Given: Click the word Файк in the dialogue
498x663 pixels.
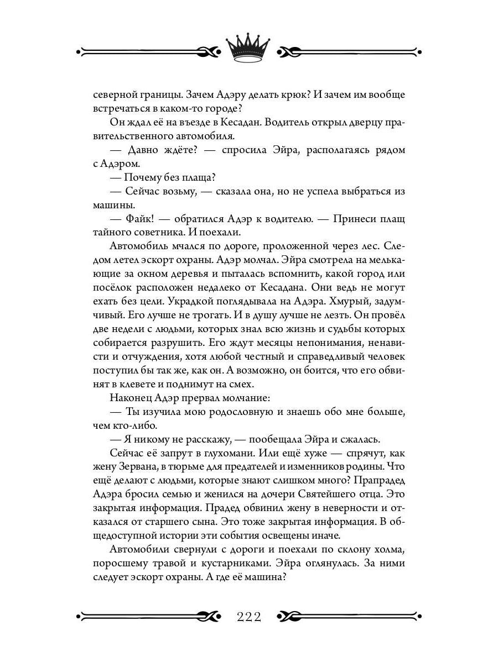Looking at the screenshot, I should pos(136,219).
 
